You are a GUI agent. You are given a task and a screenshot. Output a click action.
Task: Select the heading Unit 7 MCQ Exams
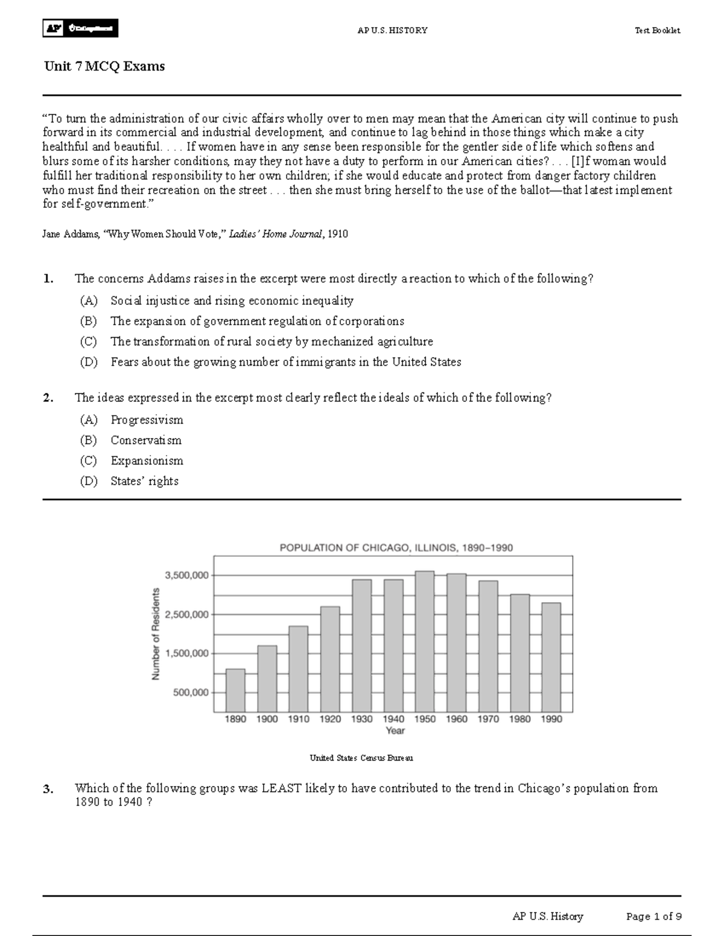point(104,66)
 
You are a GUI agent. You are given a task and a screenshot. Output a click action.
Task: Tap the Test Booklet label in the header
point(657,30)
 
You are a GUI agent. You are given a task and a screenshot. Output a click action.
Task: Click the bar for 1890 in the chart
point(235,690)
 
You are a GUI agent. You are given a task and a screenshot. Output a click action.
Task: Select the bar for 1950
point(425,641)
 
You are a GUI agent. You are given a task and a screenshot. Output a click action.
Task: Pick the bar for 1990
point(551,657)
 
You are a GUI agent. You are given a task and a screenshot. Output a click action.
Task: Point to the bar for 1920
point(330,659)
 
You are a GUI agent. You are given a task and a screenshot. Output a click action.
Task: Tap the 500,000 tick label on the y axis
point(191,693)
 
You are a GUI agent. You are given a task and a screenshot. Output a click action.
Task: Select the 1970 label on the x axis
point(488,719)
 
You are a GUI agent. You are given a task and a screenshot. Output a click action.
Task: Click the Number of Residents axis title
point(156,634)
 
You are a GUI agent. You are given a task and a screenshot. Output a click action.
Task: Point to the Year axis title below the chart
point(395,730)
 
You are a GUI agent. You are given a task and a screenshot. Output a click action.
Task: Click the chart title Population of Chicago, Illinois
point(396,548)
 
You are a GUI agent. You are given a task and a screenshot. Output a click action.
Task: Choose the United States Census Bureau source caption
point(361,758)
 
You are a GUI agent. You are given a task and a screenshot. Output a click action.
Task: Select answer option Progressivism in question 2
point(147,420)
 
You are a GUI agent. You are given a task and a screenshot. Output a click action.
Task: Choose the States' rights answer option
point(144,481)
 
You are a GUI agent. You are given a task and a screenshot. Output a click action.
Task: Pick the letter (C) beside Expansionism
point(88,460)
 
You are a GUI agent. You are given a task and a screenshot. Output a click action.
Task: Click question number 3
point(48,789)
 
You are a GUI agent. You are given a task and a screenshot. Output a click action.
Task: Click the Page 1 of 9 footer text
point(654,917)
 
